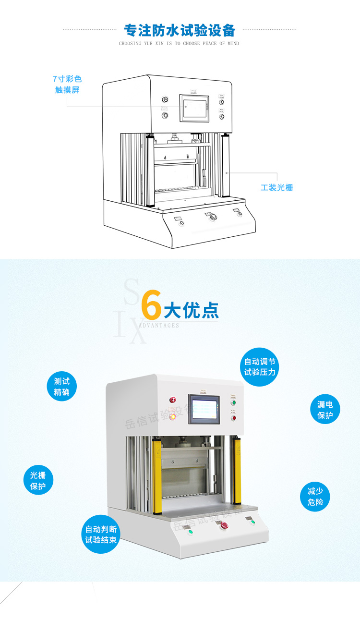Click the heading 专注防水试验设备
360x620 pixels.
pos(180,30)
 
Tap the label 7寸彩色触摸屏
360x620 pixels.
pos(67,84)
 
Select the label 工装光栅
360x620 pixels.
pos(276,187)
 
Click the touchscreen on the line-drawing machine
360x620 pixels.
pos(195,108)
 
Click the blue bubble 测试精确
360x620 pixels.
pos(62,387)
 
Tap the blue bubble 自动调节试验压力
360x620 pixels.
pos(259,367)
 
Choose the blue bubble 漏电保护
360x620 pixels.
pos(325,410)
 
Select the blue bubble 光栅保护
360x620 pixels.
pos(38,481)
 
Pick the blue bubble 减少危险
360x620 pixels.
pos(315,497)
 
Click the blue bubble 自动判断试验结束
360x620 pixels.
pos(101,535)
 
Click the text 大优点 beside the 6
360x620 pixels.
pos(191,311)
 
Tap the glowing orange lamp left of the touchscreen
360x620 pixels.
pos(172,416)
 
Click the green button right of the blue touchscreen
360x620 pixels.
pos(233,402)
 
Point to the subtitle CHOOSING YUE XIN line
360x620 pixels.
pos(179,44)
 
